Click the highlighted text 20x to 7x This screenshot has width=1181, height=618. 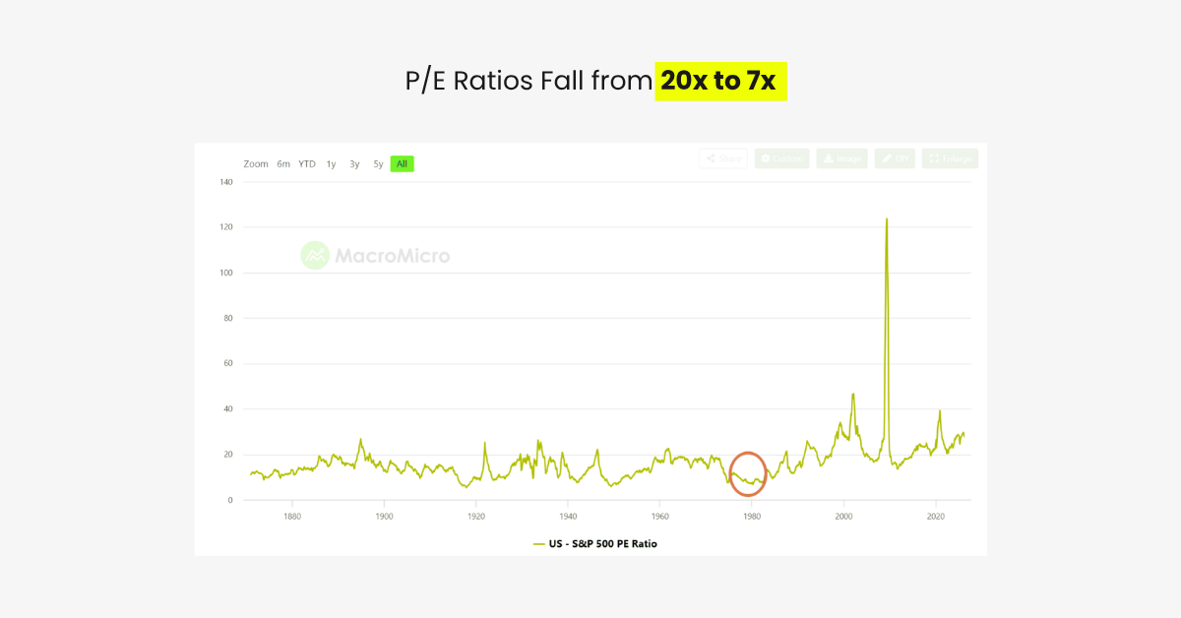coord(719,81)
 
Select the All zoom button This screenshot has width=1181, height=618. coord(402,164)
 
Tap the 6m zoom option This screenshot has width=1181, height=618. coord(283,164)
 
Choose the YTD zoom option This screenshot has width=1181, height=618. coord(307,164)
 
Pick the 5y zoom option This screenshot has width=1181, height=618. coord(378,164)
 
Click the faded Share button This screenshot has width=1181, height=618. coord(723,158)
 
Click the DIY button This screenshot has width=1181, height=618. coord(895,158)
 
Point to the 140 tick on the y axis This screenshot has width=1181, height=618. coord(225,182)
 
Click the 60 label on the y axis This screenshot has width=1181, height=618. coord(227,364)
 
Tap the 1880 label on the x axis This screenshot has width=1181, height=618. coord(291,516)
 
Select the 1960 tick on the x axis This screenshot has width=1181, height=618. coord(660,516)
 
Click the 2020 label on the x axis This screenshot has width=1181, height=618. coord(936,516)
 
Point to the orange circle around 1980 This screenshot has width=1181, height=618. coord(748,473)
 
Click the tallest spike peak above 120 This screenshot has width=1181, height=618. coord(887,219)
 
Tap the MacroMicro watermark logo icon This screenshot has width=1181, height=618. coord(314,256)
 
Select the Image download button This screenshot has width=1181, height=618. coord(841,158)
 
